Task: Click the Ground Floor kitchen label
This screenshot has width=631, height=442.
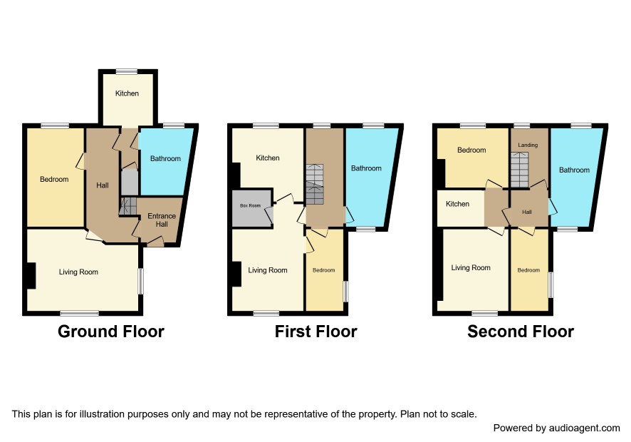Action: coord(127,93)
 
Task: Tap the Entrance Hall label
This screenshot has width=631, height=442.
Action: coord(162,220)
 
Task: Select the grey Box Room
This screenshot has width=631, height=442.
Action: coord(250,208)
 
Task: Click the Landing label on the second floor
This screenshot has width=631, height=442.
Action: coord(528,145)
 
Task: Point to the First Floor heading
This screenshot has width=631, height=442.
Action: coord(316,331)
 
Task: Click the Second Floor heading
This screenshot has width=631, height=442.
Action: coord(521,331)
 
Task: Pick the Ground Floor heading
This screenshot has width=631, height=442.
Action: coord(111,331)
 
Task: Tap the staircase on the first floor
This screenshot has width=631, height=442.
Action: coord(314,184)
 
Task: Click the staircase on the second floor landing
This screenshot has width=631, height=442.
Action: coord(519,170)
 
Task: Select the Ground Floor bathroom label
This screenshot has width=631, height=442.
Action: coord(165,159)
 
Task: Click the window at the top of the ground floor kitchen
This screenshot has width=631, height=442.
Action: coord(127,72)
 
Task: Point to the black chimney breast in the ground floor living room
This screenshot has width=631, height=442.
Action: coord(31,276)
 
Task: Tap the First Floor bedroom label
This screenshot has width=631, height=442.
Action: coord(323,270)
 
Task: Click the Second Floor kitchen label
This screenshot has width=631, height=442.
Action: coord(457,205)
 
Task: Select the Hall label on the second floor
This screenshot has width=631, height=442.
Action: coord(527,212)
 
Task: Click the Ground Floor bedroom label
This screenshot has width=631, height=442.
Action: coord(54,180)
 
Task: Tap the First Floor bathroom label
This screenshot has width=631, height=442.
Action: coord(366,168)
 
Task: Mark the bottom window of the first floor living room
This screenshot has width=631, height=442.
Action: coord(266,313)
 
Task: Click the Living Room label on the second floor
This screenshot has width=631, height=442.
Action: coord(471,268)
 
